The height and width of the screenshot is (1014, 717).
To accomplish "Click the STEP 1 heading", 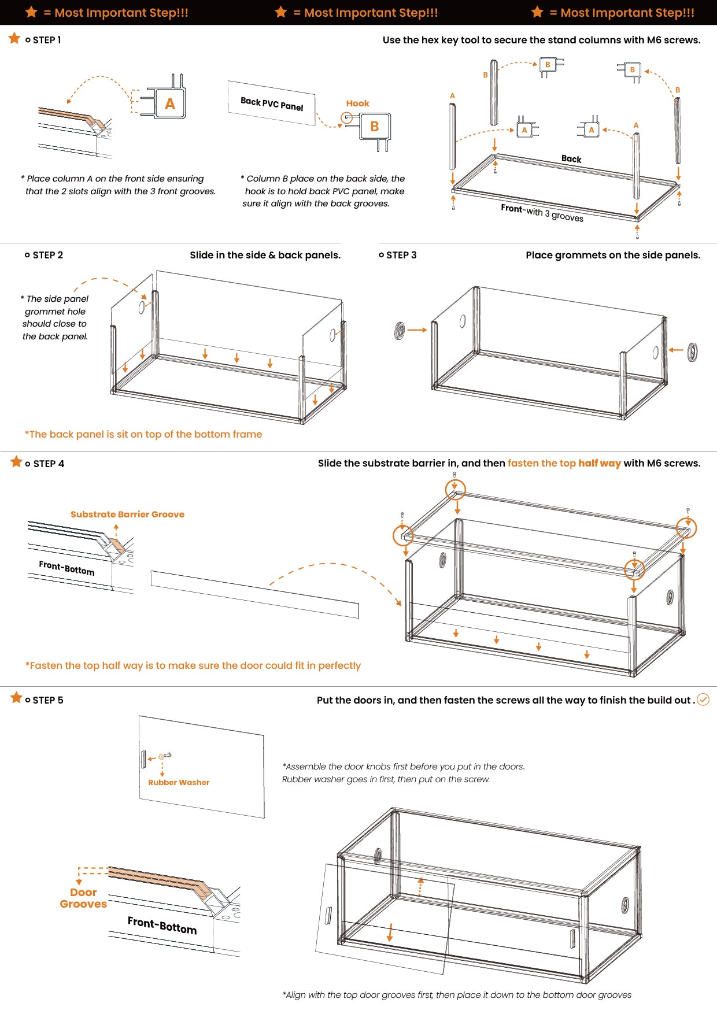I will pos(46,40).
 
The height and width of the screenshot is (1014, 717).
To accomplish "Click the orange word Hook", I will pos(357,103).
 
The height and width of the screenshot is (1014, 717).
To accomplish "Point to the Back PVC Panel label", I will pos(272,103).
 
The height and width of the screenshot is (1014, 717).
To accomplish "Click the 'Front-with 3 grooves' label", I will pos(542,213).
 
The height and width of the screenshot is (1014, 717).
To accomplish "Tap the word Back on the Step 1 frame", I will pos(571,159).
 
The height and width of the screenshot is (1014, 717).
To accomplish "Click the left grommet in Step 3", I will pos(400,331).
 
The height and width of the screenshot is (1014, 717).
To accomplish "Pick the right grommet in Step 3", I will pos(692,351).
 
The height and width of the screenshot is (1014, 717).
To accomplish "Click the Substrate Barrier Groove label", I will pos(127,514).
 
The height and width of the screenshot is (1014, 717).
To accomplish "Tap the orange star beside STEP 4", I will pos(16,462).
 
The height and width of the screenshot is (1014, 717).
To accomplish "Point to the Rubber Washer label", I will pos(179,782).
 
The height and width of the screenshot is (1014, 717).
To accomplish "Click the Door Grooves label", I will pos(83,898).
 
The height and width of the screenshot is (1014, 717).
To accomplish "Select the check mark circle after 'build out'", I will pos(703,700).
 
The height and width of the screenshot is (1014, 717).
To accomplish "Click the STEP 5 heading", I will pos(47,700).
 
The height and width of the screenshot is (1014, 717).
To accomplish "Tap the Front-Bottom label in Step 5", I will pos(162,925).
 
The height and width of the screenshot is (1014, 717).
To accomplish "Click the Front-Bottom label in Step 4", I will pos(66,568).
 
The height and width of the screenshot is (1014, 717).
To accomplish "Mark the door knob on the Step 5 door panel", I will pos(143,759).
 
